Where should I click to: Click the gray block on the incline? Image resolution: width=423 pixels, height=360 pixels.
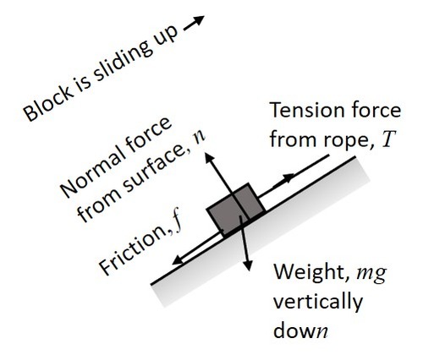pyautogui.click(x=236, y=210)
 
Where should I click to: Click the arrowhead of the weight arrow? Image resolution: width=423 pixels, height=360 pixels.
pyautogui.click(x=247, y=265)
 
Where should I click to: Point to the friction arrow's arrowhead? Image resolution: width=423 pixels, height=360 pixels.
pyautogui.click(x=179, y=259)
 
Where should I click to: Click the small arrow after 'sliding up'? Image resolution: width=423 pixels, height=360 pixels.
pyautogui.click(x=194, y=23)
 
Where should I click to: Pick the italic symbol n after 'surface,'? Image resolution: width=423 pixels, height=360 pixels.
pyautogui.click(x=200, y=137)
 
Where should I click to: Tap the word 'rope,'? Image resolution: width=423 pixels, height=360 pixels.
pyautogui.click(x=350, y=140)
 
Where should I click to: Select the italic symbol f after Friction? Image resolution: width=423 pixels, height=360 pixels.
pyautogui.click(x=178, y=223)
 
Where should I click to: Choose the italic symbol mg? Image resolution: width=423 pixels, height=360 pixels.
pyautogui.click(x=371, y=274)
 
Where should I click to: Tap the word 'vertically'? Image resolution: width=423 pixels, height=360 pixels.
pyautogui.click(x=318, y=303)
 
